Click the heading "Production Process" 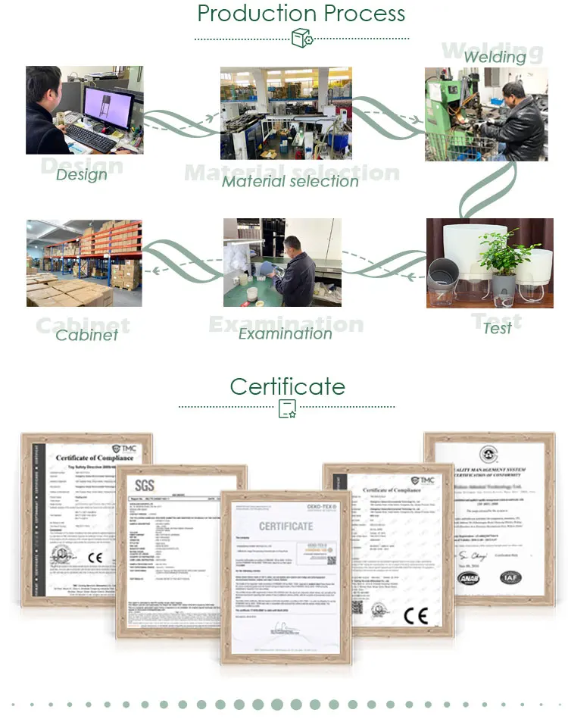pyautogui.click(x=301, y=14)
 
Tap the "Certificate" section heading pyautogui.click(x=287, y=386)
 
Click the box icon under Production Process pyautogui.click(x=301, y=38)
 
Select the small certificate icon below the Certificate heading pyautogui.click(x=287, y=409)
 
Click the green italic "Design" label pyautogui.click(x=82, y=174)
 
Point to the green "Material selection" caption pyautogui.click(x=290, y=181)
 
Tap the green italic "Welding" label pyautogui.click(x=495, y=57)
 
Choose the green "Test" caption pyautogui.click(x=497, y=327)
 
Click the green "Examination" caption pyautogui.click(x=285, y=333)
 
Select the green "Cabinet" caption pyautogui.click(x=86, y=334)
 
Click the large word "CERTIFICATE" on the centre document pyautogui.click(x=286, y=526)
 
